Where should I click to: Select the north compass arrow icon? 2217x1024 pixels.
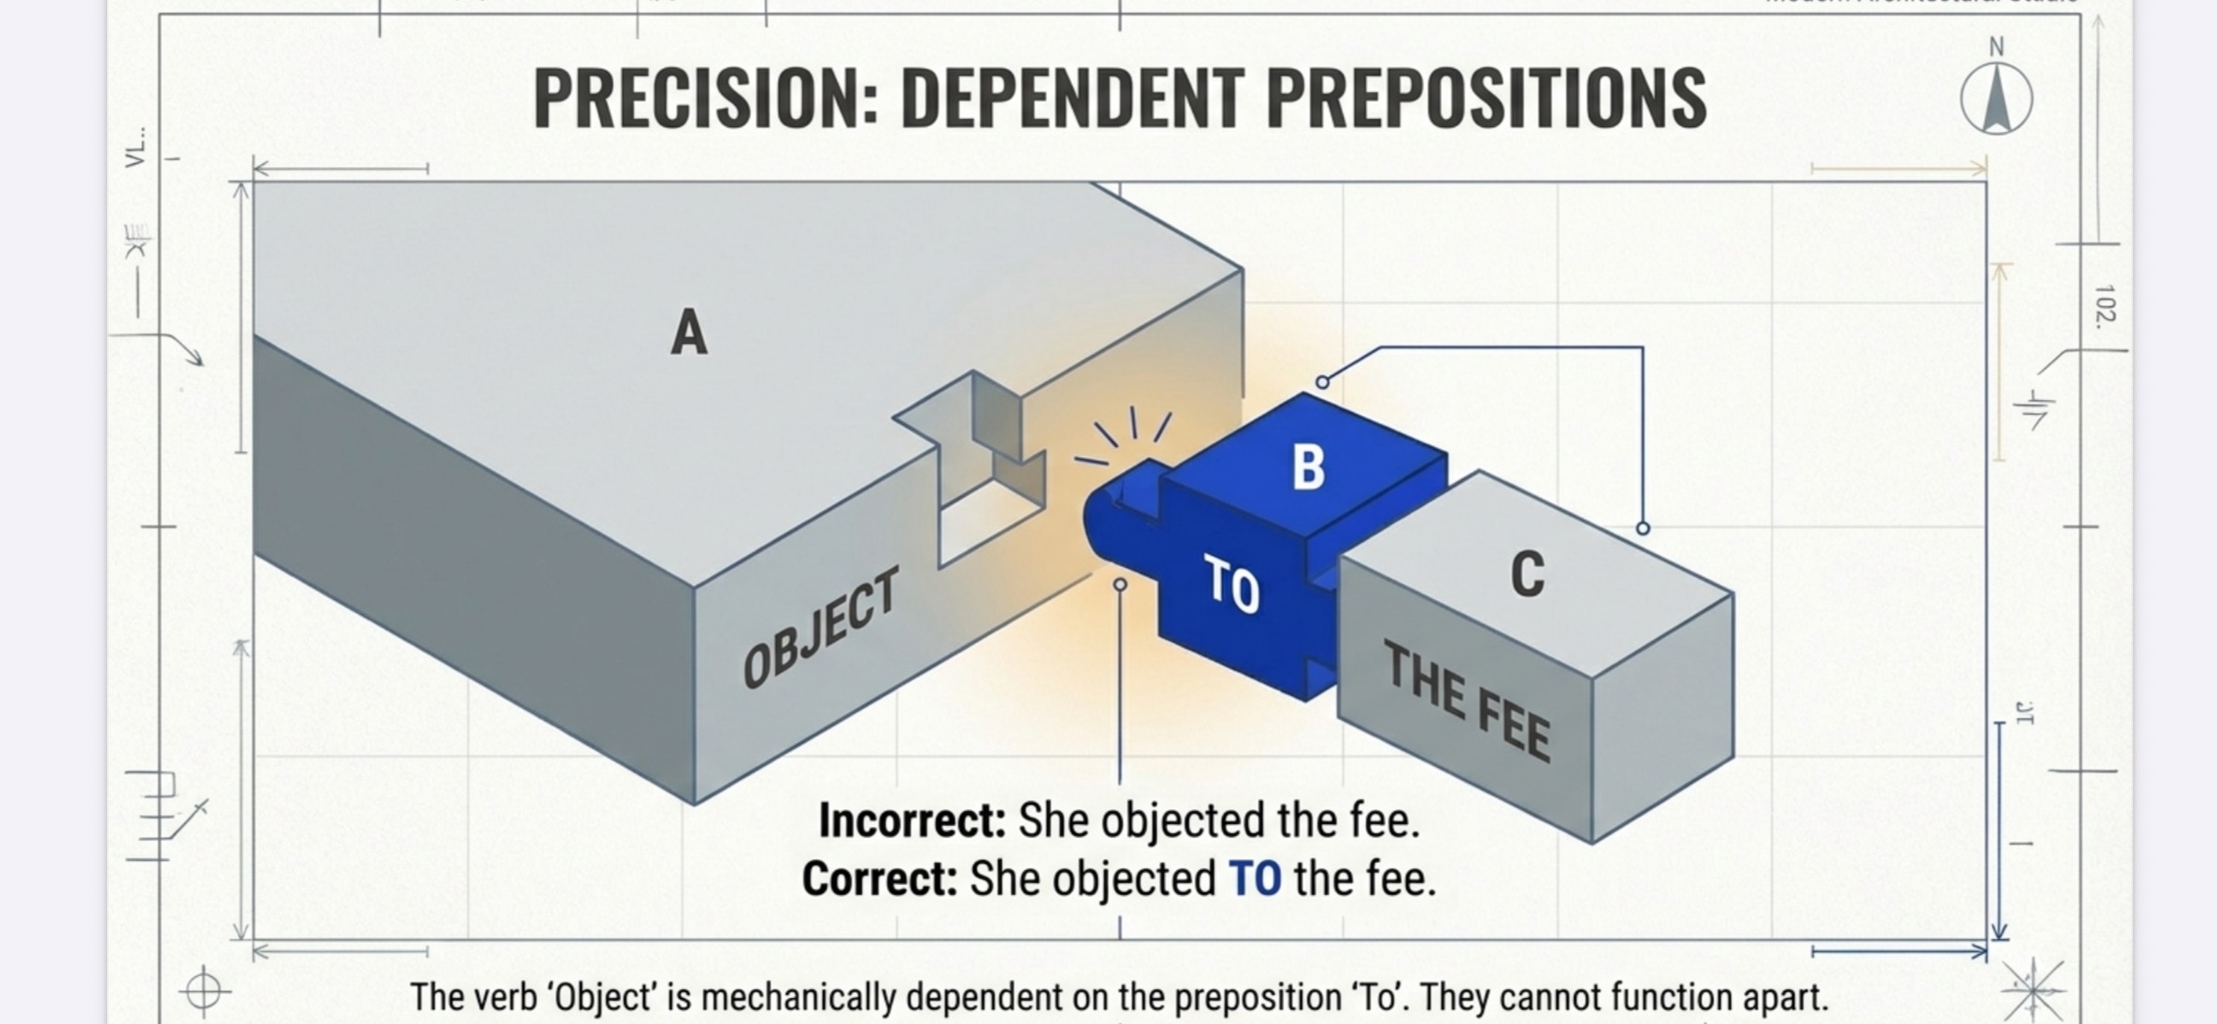tap(1996, 100)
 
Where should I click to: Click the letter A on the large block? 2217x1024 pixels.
tap(689, 333)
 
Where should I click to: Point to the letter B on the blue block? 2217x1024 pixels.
tap(1308, 467)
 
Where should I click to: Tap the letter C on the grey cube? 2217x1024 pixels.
tap(1527, 573)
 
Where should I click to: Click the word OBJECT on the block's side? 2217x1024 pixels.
tap(820, 629)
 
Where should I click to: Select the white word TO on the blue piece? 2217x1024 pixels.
tap(1232, 586)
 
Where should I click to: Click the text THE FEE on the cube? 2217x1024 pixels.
tap(1468, 702)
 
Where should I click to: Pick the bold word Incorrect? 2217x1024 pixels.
tap(912, 820)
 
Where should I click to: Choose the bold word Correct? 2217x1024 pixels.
tap(879, 878)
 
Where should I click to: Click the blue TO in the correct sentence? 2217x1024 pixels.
tap(1255, 878)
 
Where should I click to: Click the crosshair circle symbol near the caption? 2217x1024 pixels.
tap(204, 992)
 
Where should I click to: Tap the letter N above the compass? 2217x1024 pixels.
tap(1997, 47)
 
